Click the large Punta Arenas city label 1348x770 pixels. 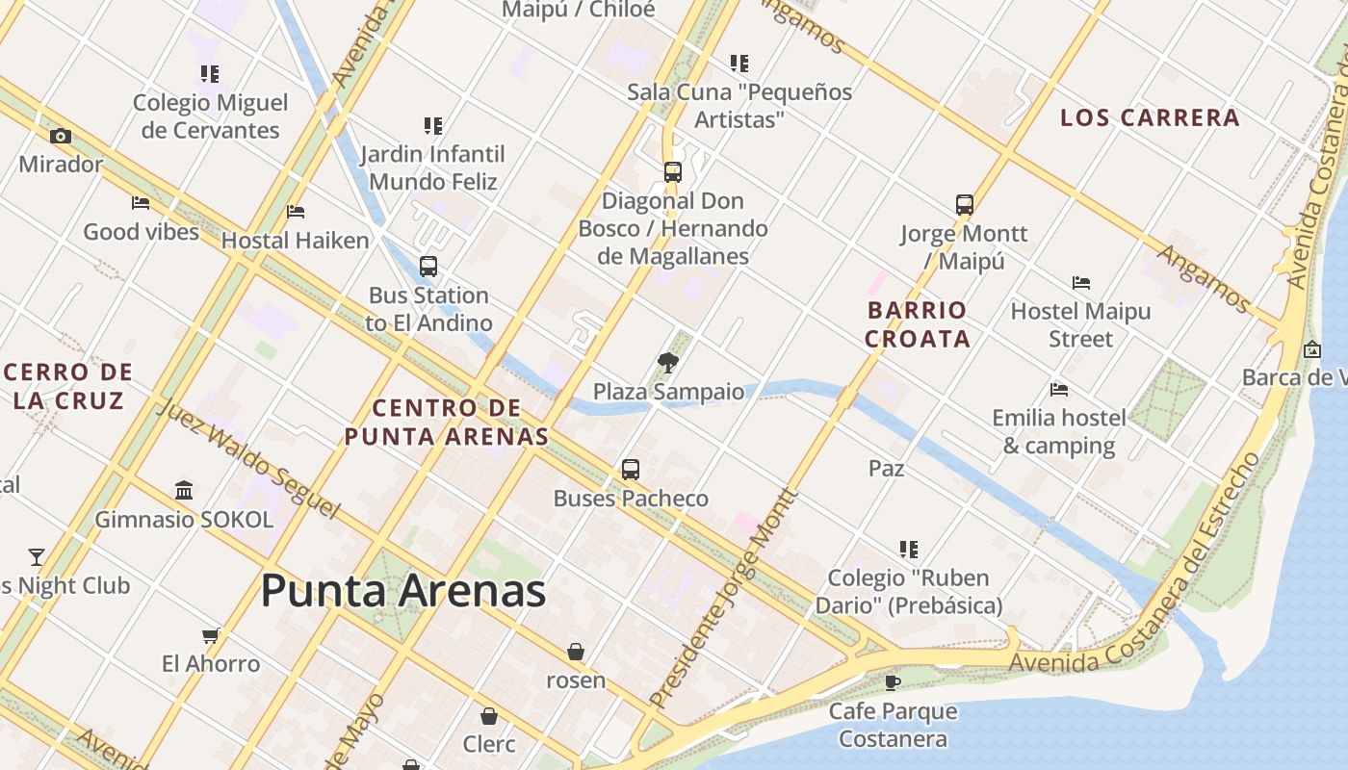click(x=402, y=590)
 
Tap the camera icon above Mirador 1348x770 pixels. click(x=61, y=137)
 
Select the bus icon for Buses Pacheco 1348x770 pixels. click(x=631, y=470)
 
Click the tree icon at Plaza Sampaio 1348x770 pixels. click(x=667, y=363)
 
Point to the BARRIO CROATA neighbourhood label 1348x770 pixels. click(x=917, y=324)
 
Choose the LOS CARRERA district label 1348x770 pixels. click(x=1150, y=118)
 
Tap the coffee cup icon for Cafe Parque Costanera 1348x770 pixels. click(x=893, y=682)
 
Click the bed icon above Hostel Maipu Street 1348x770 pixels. click(x=1081, y=283)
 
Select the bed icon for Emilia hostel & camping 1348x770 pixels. click(x=1059, y=390)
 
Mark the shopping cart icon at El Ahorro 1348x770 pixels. click(x=211, y=635)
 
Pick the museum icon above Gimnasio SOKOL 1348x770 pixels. click(x=184, y=491)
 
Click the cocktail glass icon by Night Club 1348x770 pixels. click(x=37, y=556)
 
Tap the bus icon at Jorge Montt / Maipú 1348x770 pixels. click(x=964, y=205)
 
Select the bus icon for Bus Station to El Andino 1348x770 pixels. click(x=428, y=267)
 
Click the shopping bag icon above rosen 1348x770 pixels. click(x=576, y=652)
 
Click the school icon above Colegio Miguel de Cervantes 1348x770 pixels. click(x=210, y=73)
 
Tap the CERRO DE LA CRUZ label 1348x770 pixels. click(x=68, y=386)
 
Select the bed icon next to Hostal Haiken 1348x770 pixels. click(x=296, y=212)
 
